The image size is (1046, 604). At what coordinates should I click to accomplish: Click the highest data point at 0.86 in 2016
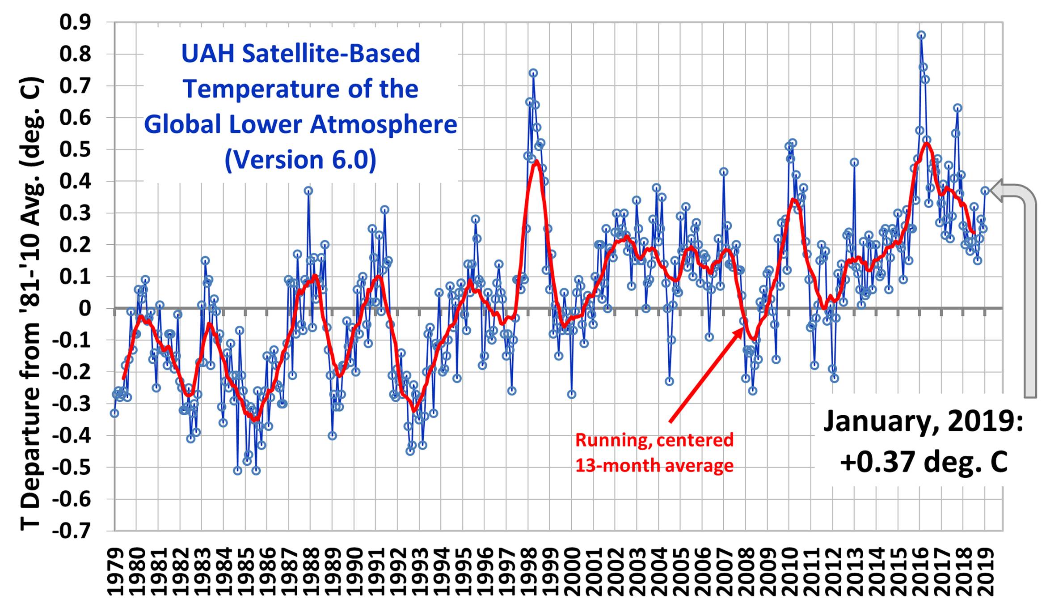[x=921, y=35]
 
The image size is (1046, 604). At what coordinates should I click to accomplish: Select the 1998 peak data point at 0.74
[x=533, y=73]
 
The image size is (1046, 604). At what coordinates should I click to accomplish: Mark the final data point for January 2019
[x=985, y=191]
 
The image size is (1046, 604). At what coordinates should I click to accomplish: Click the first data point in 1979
[x=115, y=413]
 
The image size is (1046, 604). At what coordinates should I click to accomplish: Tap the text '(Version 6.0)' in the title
[x=300, y=160]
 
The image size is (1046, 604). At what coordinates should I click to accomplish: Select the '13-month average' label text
[x=654, y=466]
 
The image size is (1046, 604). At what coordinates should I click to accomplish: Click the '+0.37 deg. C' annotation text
[x=924, y=461]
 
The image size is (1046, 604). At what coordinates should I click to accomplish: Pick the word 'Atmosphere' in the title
[x=384, y=124]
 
